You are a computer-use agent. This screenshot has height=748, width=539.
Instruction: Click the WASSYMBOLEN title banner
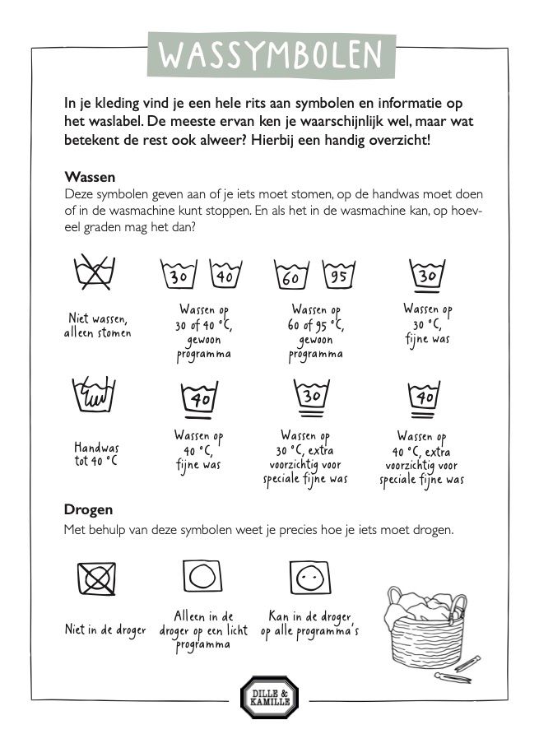[x=269, y=54]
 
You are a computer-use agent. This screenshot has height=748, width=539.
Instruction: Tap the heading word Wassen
[x=89, y=177]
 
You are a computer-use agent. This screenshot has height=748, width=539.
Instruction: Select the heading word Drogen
[x=88, y=509]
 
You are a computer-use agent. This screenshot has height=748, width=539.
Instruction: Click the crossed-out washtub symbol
[x=94, y=275]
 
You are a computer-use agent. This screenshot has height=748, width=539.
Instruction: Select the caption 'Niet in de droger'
[x=105, y=630]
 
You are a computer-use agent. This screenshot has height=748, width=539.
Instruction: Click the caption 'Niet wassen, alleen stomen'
[x=97, y=326]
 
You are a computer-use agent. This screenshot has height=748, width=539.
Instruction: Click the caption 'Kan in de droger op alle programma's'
[x=310, y=623]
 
